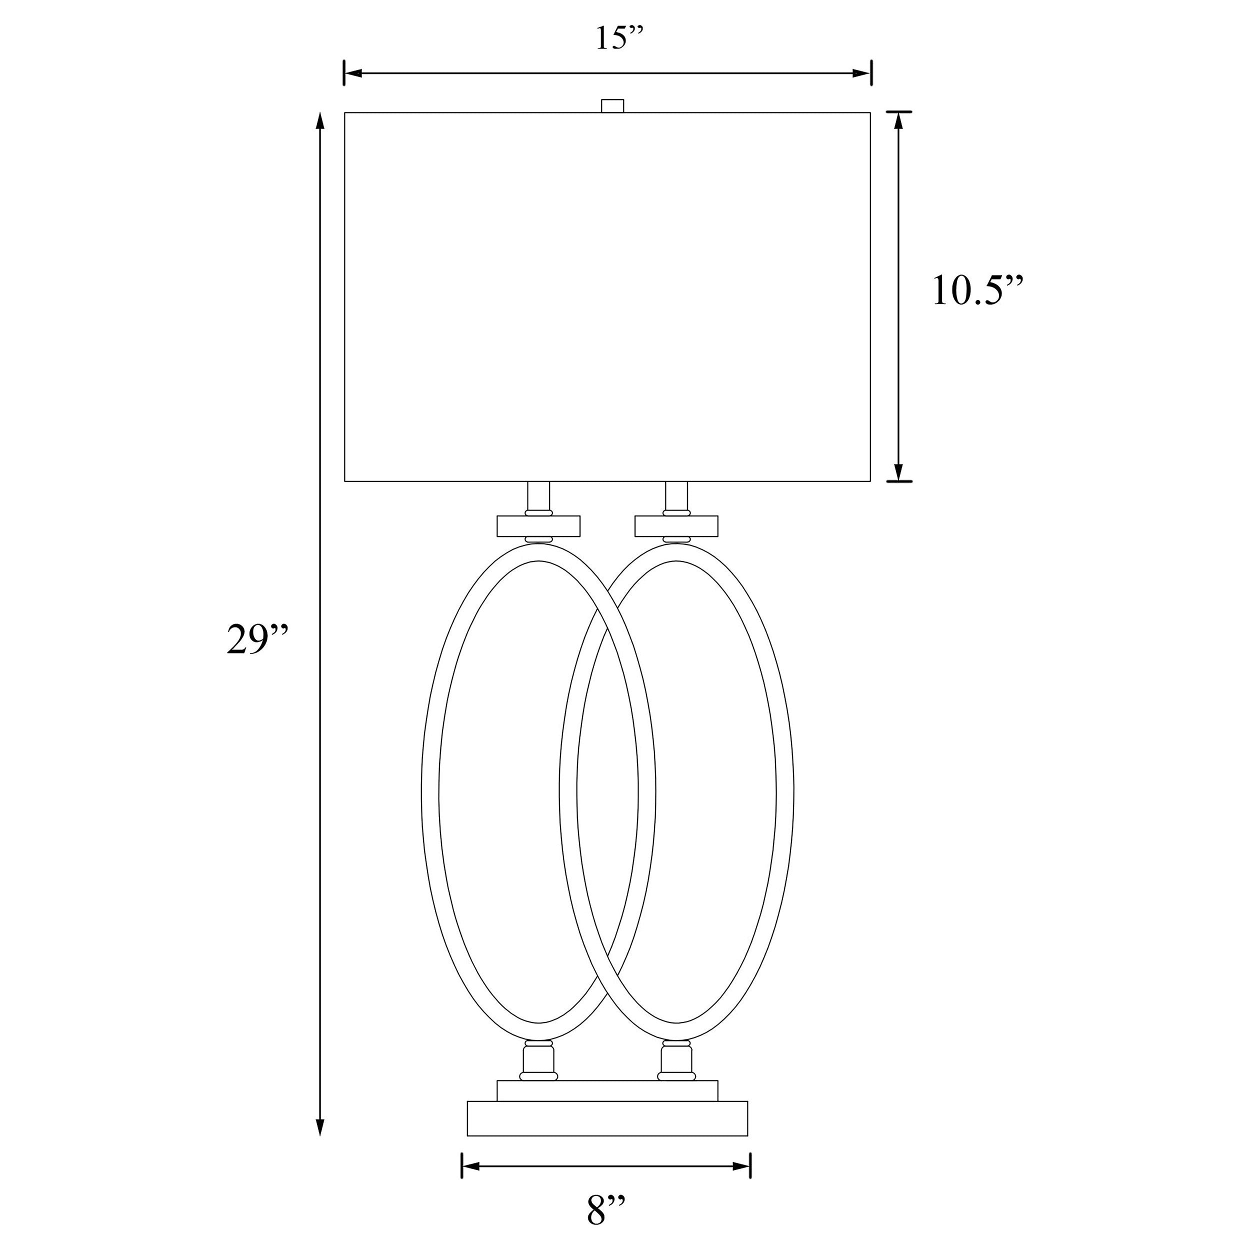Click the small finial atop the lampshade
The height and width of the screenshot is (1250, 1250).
[x=612, y=106]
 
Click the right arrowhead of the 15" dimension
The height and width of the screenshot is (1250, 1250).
[x=862, y=73]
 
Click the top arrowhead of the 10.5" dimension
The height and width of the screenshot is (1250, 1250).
[x=898, y=121]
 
